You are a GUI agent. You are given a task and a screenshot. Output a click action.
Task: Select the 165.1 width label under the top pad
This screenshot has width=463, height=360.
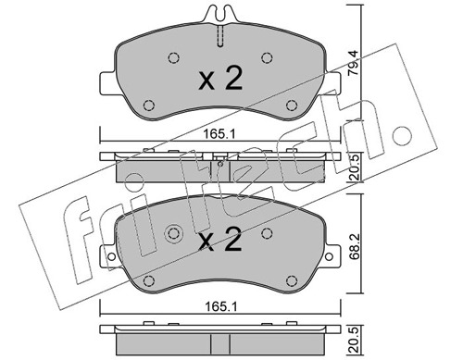219,134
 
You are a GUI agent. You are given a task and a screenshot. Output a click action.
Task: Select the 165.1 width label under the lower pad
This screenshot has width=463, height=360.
221,307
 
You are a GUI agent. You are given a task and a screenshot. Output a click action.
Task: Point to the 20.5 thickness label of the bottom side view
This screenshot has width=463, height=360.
354,340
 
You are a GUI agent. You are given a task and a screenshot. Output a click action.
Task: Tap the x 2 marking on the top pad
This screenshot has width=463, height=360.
220,79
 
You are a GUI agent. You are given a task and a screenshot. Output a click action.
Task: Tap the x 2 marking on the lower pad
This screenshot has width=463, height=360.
219,239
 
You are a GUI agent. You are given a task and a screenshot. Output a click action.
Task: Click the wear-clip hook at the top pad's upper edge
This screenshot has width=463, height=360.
220,14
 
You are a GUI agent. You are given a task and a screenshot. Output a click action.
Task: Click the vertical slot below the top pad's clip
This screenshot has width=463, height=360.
220,36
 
